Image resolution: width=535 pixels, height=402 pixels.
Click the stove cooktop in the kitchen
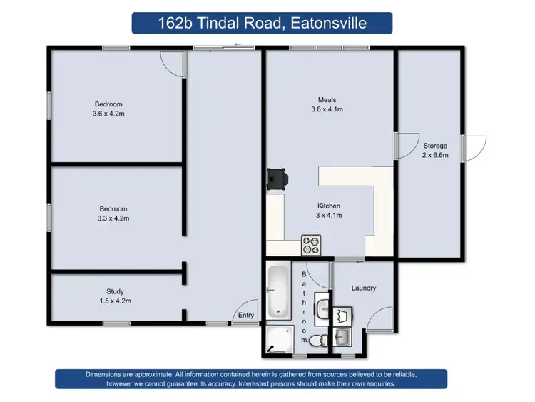pyautogui.click(x=312, y=245)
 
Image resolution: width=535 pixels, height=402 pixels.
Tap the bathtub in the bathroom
pyautogui.click(x=277, y=291)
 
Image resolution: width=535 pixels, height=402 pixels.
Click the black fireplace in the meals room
pyautogui.click(x=276, y=179)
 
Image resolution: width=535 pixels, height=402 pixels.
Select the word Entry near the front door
pyautogui.click(x=246, y=315)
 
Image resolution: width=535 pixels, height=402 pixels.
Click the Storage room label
pyautogui.click(x=435, y=146)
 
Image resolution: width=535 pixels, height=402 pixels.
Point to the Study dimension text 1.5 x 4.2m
pyautogui.click(x=115, y=301)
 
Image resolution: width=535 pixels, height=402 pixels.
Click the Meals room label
pyautogui.click(x=327, y=100)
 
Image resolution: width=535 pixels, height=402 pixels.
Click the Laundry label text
pyautogui.click(x=364, y=288)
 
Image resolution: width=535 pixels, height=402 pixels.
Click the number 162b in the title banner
pyautogui.click(x=175, y=23)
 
